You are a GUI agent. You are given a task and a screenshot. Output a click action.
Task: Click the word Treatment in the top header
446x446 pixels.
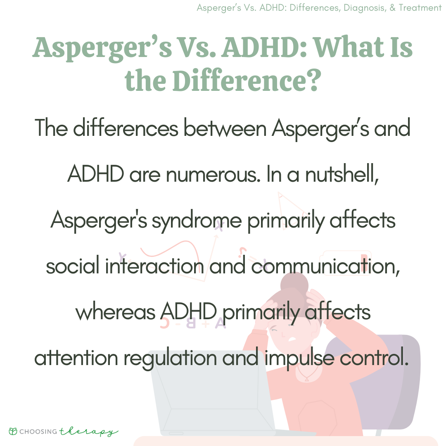coord(420,8)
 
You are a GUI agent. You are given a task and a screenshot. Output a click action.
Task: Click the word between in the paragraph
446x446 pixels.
coord(225,128)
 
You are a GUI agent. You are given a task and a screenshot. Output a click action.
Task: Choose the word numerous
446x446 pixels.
coord(213,174)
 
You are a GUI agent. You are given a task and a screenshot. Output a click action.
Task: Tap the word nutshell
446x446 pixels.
coord(342,174)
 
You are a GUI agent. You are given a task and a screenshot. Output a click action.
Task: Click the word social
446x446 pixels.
coord(73,266)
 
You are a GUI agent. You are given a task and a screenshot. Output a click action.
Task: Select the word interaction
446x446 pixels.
coord(154,266)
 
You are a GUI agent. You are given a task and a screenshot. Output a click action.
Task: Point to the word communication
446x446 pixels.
coord(325,266)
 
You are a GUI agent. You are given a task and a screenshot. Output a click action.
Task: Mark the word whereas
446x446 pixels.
coord(116,312)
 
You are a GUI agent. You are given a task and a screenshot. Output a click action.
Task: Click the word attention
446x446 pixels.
coord(76,358)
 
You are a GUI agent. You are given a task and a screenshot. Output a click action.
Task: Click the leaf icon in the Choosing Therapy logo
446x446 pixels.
coord(13,431)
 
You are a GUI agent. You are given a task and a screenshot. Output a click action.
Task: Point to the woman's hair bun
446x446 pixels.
coord(294,285)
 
